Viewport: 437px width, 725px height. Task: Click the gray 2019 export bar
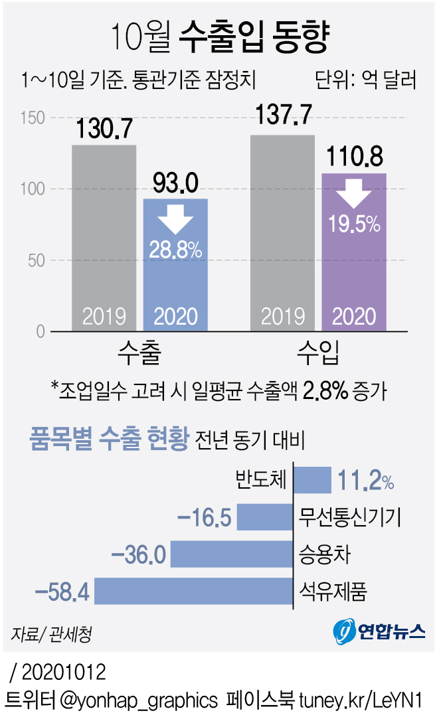point(104,237)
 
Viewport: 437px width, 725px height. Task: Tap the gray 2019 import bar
point(282,232)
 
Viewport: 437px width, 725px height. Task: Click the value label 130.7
point(104,129)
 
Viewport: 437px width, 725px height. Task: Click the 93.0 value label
point(175,183)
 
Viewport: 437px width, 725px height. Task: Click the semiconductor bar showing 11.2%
point(311,480)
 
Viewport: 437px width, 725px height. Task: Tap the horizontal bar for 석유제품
point(193,591)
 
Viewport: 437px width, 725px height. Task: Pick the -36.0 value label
point(139,554)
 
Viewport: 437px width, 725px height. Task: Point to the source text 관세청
point(70,633)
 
